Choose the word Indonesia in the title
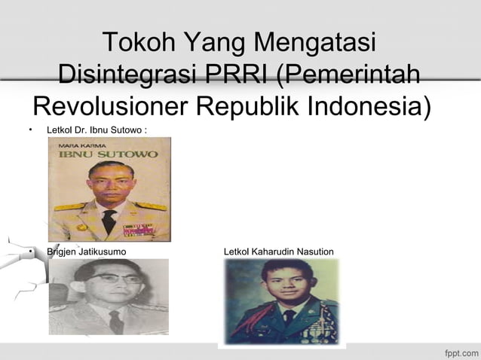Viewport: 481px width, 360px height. [x=368, y=107]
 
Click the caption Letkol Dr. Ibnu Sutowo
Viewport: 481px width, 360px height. [x=96, y=131]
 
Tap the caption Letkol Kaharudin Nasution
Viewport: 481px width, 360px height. [x=278, y=251]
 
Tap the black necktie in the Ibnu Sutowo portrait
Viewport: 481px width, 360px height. [x=109, y=221]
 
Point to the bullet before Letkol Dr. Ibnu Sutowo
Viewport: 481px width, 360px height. [x=29, y=131]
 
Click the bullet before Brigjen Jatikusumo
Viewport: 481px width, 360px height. [x=29, y=251]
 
